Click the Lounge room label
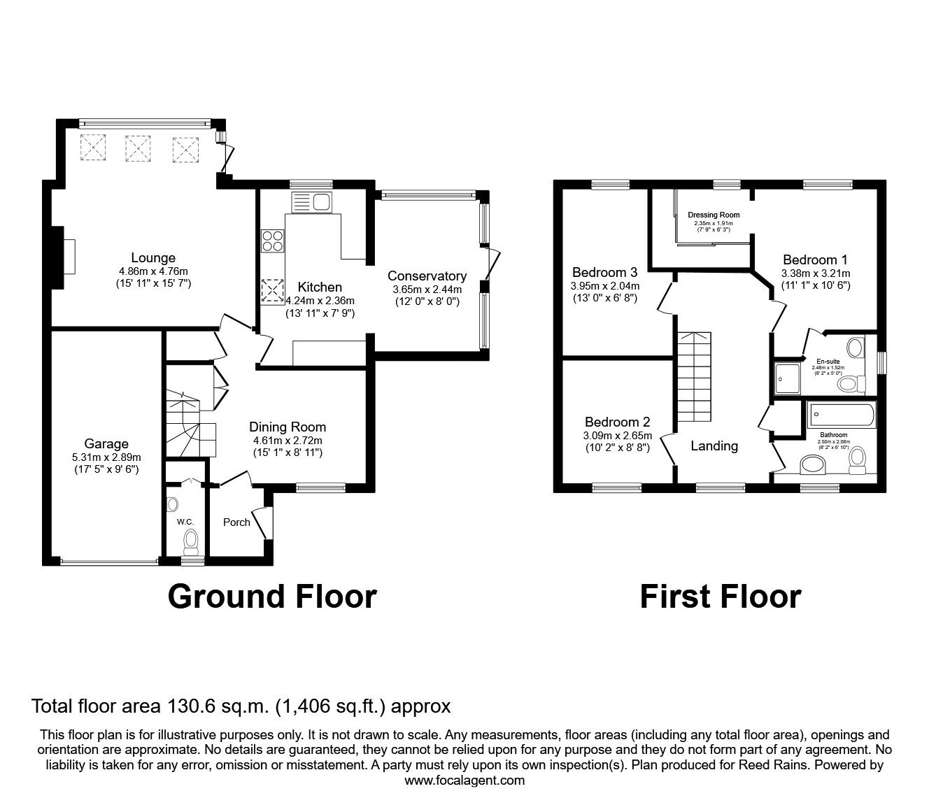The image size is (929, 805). point(153,258)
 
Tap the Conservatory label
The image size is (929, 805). point(427,276)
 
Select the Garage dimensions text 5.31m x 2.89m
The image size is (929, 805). point(106,457)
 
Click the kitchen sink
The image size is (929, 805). point(322,202)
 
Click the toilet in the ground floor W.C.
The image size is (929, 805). point(190,541)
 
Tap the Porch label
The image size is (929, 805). point(236,522)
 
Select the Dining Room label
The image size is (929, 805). point(288,427)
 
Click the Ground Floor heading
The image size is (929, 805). point(272,597)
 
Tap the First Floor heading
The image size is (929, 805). point(720,597)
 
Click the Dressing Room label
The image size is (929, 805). point(713,215)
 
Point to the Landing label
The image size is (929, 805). point(714,446)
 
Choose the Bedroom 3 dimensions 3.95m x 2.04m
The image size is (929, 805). point(605,285)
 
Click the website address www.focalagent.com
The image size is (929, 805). point(464,781)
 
